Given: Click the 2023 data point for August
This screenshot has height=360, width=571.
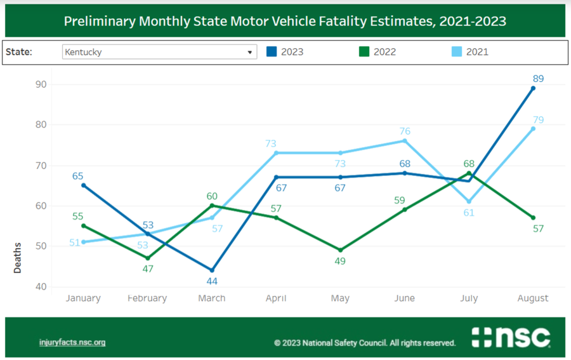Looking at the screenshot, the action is tap(533, 88).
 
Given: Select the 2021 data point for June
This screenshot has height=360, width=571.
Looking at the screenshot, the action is tap(405, 141).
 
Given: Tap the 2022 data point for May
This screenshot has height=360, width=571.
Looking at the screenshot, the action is tap(341, 250).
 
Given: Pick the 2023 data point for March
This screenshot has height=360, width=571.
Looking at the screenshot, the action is tap(212, 270).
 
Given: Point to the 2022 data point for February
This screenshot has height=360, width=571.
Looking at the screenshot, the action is tap(147, 258).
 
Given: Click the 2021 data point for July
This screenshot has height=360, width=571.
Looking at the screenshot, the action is tap(469, 201).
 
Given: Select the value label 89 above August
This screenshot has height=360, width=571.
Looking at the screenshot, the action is tap(538, 78).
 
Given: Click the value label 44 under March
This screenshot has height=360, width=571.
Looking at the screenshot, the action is tap(212, 281).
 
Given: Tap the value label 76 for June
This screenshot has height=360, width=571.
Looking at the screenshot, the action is tap(405, 131).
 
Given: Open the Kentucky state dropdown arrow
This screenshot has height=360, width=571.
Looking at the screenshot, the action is tap(250, 52).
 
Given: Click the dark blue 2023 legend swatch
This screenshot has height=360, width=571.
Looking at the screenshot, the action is tap(272, 51).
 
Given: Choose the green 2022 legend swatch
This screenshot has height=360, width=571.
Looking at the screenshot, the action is tap(364, 51).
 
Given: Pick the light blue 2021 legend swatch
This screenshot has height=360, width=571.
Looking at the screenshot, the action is tap(457, 51).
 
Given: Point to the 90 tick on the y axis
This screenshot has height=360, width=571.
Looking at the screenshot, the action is tap(41, 84).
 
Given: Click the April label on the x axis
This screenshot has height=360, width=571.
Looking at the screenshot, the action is tap(276, 298).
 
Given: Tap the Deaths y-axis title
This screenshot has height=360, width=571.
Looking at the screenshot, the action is tap(17, 258).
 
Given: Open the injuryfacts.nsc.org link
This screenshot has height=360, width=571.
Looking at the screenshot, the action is tap(72, 342).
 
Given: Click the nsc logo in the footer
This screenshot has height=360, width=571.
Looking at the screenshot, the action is tap(511, 337).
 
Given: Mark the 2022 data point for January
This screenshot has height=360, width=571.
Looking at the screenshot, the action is tap(83, 226).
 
